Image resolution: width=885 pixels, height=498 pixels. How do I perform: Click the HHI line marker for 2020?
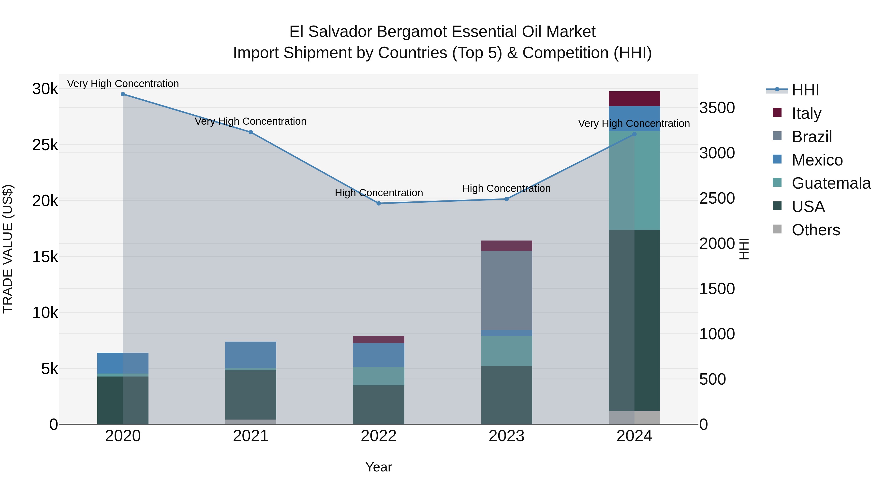click(123, 94)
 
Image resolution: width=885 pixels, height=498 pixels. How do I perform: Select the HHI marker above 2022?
click(379, 203)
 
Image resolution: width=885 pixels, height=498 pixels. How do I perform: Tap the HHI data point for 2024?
click(634, 134)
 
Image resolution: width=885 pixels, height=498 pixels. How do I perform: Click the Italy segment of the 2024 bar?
click(634, 99)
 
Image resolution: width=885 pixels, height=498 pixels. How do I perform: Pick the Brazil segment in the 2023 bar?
click(506, 290)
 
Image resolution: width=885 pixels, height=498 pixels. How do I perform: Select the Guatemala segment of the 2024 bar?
click(634, 181)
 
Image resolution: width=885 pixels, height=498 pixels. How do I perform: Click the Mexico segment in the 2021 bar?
click(251, 355)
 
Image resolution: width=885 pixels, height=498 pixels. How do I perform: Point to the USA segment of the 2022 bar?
click(379, 405)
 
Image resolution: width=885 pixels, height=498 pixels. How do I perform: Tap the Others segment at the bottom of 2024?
click(634, 418)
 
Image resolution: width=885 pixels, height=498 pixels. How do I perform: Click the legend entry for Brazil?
click(811, 137)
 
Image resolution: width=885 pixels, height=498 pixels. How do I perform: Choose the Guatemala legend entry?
click(831, 183)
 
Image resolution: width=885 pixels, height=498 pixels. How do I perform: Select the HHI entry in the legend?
click(805, 90)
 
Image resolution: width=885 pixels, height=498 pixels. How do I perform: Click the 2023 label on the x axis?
click(506, 436)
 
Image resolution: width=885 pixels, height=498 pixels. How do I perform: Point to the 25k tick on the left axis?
click(45, 145)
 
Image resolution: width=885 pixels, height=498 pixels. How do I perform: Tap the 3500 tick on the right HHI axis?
click(717, 108)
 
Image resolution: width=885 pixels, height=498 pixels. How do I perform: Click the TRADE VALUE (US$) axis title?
click(8, 249)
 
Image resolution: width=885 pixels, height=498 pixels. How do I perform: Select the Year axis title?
click(379, 467)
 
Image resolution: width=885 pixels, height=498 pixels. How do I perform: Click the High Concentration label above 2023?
click(506, 188)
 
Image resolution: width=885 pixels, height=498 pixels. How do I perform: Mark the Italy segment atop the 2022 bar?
click(379, 340)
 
